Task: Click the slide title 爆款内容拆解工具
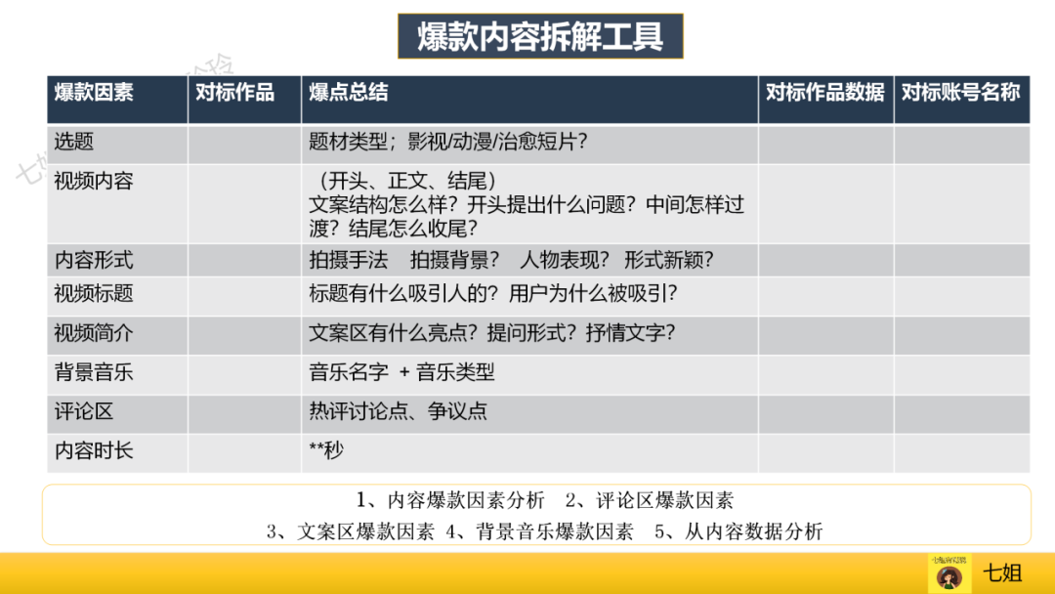[540, 37]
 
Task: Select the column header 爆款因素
[94, 93]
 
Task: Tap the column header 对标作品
[234, 93]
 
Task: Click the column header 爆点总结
[349, 93]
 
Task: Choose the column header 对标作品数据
[825, 93]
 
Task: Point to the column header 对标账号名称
[961, 93]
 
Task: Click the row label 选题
[74, 142]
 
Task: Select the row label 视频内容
[94, 182]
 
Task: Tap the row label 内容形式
[94, 261]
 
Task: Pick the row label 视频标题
[94, 294]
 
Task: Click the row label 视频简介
[94, 333]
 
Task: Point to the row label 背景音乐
[94, 372]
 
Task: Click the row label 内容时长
[94, 450]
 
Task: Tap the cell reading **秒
[326, 450]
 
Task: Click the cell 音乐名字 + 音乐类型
[401, 372]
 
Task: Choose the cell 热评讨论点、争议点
[398, 411]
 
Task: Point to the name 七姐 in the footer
[1002, 573]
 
